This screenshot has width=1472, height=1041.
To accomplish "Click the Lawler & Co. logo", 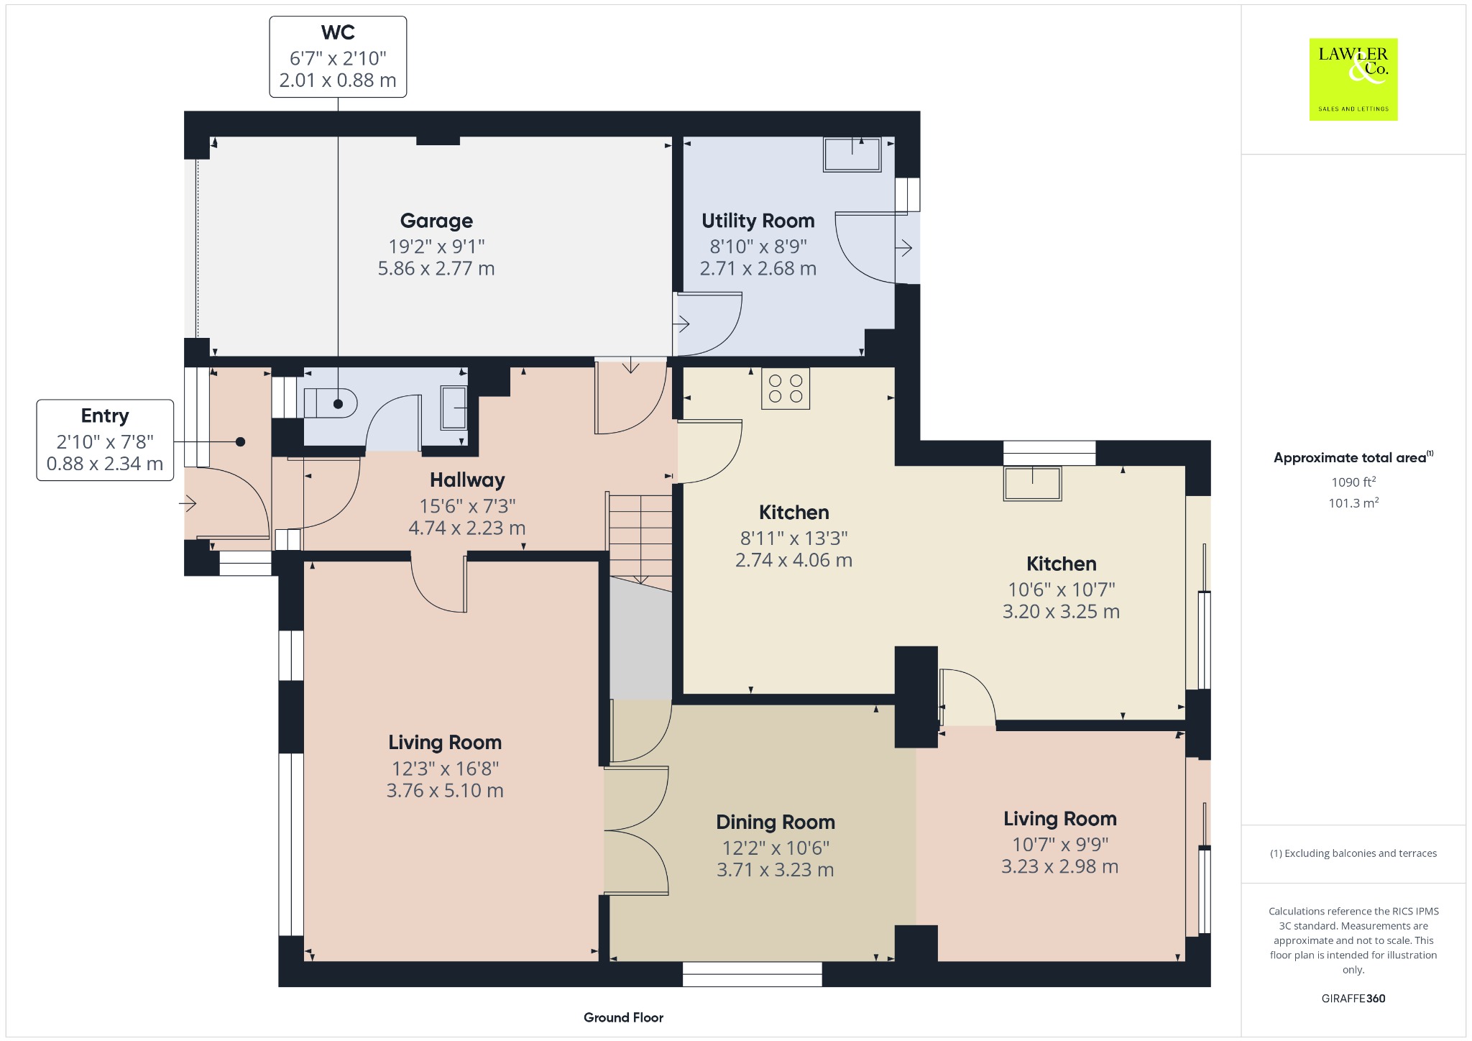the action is tap(1353, 79).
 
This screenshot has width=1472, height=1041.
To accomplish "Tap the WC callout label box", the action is tap(338, 57).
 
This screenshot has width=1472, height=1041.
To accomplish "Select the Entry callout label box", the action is tap(105, 440).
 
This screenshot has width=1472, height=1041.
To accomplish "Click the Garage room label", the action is tap(436, 221).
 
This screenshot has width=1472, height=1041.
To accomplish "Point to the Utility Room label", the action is tap(758, 221).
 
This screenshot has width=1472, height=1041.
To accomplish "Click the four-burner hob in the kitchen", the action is tap(786, 389).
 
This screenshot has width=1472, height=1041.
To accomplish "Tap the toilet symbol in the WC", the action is tap(331, 403).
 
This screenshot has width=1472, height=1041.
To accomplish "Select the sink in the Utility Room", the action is tap(852, 155).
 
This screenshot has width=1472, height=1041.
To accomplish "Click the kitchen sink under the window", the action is tap(1033, 483).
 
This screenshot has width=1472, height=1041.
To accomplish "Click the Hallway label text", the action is tap(467, 480).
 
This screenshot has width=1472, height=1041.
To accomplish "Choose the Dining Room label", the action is tap(776, 822).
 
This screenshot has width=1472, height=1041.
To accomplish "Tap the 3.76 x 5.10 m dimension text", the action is tap(445, 791).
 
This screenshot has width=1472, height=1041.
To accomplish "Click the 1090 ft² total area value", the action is tap(1353, 482).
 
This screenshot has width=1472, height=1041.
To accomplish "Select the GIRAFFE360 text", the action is tap(1353, 999).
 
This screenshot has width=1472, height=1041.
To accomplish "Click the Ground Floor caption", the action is tap(623, 1017).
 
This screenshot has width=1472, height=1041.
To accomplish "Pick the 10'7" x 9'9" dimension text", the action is tap(1060, 844).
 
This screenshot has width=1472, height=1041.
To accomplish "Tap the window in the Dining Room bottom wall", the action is tap(752, 974).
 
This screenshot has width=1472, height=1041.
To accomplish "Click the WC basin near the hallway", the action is tap(454, 408).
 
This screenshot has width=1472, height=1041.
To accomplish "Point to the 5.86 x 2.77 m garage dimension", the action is tap(436, 269).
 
